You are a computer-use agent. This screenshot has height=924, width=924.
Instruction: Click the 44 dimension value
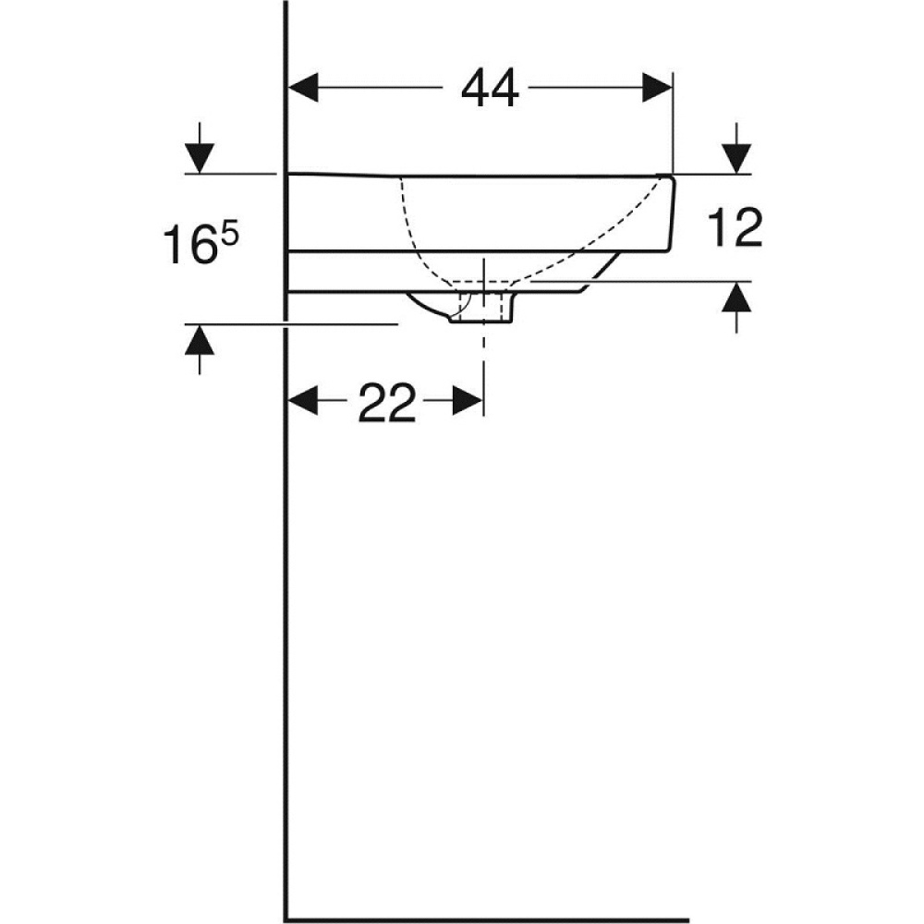[x=491, y=90]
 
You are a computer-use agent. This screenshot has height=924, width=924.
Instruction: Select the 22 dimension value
[x=387, y=404]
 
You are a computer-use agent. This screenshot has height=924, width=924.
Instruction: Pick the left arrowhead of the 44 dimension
[x=305, y=90]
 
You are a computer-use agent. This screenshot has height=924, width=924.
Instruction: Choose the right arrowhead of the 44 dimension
[x=657, y=90]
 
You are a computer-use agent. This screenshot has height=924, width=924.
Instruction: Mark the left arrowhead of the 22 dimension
[x=305, y=402]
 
